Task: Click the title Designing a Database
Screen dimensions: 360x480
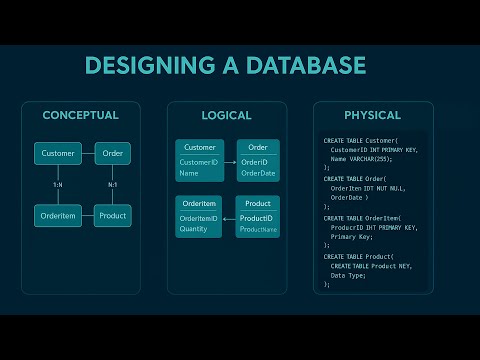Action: (225, 66)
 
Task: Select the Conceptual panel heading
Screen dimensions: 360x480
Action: (80, 115)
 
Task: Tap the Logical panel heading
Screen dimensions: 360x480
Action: (226, 115)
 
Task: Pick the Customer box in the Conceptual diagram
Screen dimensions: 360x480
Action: (58, 154)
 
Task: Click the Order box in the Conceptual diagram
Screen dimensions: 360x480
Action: (112, 154)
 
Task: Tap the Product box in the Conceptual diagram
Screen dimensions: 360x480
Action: (112, 215)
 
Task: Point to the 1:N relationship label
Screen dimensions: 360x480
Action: (58, 184)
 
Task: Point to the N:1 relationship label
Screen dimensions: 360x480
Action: (112, 184)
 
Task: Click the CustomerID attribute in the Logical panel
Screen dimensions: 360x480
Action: (198, 162)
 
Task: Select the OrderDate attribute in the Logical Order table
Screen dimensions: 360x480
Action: (258, 173)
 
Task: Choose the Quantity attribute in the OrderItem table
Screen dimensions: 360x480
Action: (194, 228)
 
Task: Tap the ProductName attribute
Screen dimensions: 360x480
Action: (258, 230)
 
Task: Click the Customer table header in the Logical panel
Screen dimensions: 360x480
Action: (200, 147)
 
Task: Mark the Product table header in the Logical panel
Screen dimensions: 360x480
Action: (258, 204)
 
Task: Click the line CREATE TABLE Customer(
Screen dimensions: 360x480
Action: (361, 141)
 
